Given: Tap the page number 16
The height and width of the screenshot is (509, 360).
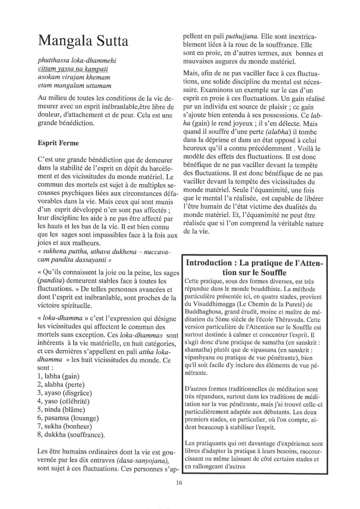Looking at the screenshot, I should (179, 482).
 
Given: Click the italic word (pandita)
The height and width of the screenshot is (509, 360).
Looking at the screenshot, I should (57, 281).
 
